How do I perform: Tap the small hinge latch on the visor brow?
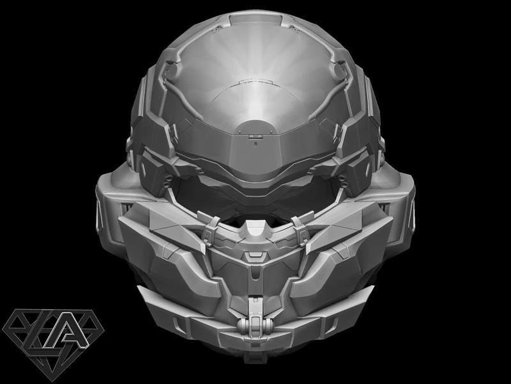click(x=254, y=136)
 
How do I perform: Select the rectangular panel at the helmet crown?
click(x=254, y=17)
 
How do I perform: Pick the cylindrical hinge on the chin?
click(x=254, y=324)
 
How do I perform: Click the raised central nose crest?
click(x=254, y=228)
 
